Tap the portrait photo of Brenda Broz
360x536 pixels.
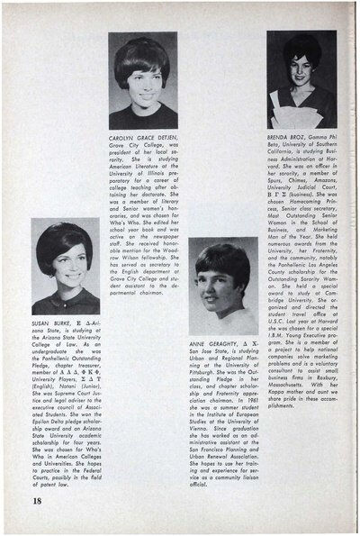point(301,71)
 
